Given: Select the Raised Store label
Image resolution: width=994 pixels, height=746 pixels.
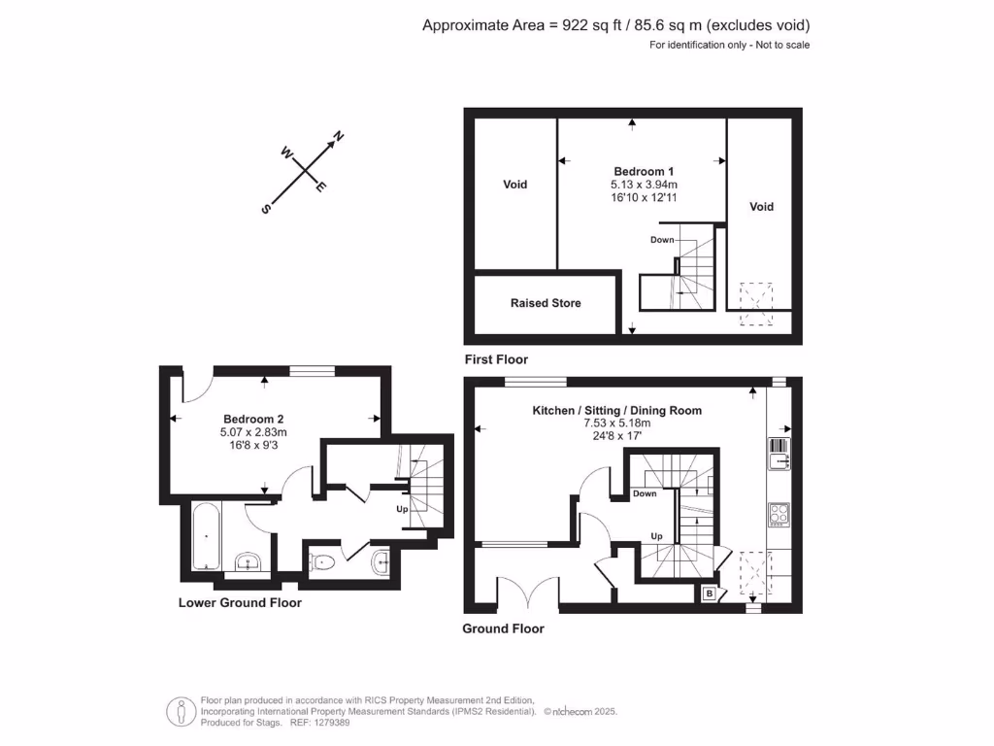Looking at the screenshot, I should tap(546, 303).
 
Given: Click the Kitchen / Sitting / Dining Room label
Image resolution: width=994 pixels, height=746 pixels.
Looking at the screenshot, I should tap(616, 411).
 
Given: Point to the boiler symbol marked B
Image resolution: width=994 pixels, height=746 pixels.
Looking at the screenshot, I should tap(710, 593).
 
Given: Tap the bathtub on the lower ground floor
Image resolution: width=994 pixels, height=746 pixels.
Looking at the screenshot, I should tap(205, 535).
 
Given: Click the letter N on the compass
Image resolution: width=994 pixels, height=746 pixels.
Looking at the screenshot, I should tap(339, 136).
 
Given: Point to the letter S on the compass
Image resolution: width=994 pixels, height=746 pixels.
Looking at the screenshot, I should tap(265, 208).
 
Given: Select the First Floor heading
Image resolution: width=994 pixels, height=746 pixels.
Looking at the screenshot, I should tap(495, 359).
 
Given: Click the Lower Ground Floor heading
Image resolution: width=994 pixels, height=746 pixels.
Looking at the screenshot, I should tap(240, 602).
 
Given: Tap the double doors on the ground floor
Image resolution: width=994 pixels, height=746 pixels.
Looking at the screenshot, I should tap(529, 592).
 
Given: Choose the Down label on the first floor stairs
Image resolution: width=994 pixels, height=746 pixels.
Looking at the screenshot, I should tap(662, 240).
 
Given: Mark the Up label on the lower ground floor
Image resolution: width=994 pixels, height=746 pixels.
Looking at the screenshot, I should tap(401, 509).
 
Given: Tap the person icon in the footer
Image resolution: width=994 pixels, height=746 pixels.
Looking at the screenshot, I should tap(181, 712).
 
